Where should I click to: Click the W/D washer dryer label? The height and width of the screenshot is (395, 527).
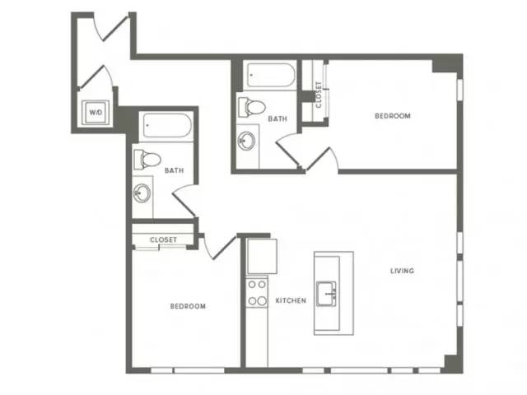[96, 112]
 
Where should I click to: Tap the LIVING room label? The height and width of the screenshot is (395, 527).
[402, 271]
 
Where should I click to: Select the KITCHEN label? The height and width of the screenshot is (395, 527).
[291, 300]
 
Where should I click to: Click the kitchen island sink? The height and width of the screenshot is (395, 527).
[326, 294]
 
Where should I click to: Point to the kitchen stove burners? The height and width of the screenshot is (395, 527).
[257, 293]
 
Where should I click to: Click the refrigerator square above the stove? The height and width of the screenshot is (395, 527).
[262, 256]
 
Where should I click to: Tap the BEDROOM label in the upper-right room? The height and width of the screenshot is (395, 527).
[393, 116]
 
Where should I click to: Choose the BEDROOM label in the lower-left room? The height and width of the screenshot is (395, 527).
[188, 306]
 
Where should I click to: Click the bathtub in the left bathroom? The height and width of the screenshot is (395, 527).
[166, 125]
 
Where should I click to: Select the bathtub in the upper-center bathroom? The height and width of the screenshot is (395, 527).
[271, 75]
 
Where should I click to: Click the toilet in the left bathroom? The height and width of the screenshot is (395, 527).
[147, 160]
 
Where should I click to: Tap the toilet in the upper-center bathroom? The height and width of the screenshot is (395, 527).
[251, 108]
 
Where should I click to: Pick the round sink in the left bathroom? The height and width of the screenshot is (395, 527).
[142, 193]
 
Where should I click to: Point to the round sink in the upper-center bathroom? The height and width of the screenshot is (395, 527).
[246, 142]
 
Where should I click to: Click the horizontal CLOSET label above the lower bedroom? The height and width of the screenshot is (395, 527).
[163, 239]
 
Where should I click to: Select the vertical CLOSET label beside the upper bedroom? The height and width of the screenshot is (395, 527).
[319, 95]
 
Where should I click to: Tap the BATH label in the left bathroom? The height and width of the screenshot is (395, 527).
[174, 170]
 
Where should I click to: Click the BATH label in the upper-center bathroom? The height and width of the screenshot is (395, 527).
[277, 118]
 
